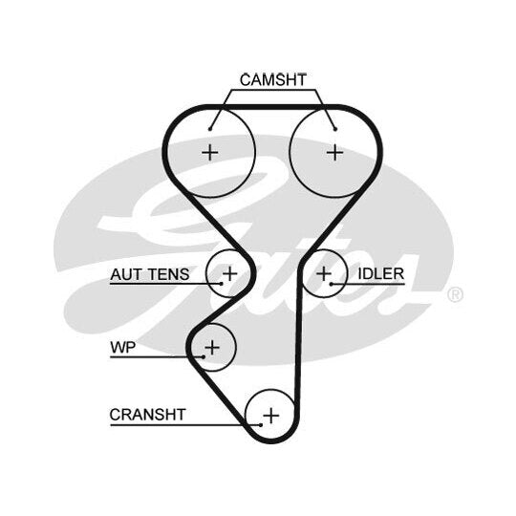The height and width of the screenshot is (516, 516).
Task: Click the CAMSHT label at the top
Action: point(273,80)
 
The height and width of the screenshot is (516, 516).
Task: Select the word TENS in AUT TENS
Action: point(168,274)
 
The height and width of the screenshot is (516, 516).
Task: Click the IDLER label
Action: point(380,274)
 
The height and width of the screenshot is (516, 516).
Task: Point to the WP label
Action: point(122,347)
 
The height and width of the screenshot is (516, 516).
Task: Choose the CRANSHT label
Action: point(148,415)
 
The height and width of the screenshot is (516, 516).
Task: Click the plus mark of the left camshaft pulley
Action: point(210,153)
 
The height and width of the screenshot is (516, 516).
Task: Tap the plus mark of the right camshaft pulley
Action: point(335,153)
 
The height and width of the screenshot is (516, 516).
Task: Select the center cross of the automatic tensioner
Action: point(229,273)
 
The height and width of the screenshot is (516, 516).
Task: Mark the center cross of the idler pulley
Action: point(324,273)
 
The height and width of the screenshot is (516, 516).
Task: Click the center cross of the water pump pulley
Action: point(212,347)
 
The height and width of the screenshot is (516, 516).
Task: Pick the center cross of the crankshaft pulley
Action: point(271,416)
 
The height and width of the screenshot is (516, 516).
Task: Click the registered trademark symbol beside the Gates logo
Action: point(455,294)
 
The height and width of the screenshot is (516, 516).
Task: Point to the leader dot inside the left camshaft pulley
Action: point(210,129)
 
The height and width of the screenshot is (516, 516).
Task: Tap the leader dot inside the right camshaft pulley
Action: point(335,129)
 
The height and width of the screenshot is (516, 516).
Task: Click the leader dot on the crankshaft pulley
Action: point(261,425)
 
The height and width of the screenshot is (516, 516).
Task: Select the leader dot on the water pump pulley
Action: point(204,356)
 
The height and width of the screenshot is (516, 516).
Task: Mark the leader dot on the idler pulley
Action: point(332,284)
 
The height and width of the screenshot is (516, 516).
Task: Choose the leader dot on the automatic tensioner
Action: point(222,284)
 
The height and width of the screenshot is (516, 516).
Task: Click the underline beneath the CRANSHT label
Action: point(185,425)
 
